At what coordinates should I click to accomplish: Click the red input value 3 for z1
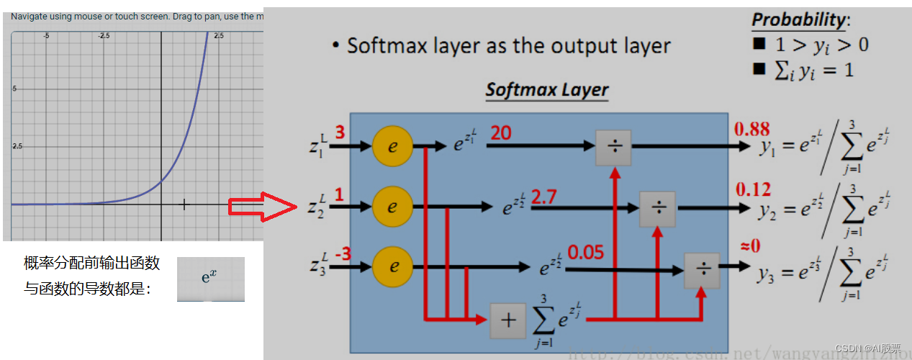pos(340,133)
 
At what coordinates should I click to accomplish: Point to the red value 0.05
pos(585,253)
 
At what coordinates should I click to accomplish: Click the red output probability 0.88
pos(751,130)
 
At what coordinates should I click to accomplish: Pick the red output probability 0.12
pos(753,189)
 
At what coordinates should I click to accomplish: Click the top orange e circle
pos(392,146)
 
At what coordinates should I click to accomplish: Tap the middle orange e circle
pos(392,207)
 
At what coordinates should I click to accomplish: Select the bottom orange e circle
pos(394,266)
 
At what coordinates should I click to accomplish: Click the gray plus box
pos(508,320)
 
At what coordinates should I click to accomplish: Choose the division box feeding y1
pos(614,148)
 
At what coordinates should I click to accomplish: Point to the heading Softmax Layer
pos(546,91)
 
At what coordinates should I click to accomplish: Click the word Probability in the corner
pos(797,19)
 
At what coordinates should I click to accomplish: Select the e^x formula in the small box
pos(209,276)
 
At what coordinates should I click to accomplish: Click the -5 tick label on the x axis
pos(46,35)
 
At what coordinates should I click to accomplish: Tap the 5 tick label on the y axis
pos(14,89)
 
